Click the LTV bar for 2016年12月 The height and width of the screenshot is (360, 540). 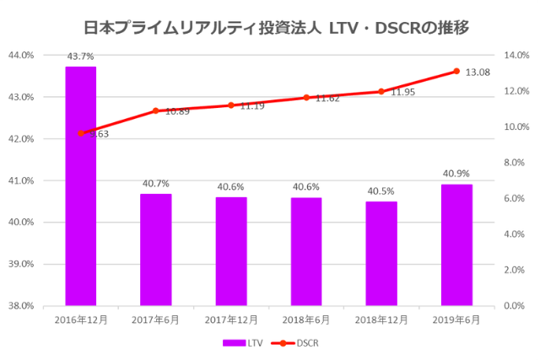click(81, 185)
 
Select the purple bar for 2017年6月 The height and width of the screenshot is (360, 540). click(156, 250)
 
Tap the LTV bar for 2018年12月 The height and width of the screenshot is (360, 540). click(381, 253)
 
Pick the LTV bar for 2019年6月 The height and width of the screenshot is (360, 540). click(456, 244)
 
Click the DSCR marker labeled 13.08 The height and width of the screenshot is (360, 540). click(456, 71)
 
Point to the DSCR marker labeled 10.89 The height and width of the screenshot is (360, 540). click(156, 110)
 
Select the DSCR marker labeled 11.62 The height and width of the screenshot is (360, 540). click(306, 98)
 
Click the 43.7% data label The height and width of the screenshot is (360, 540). click(81, 56)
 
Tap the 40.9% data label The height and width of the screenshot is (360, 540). click(456, 174)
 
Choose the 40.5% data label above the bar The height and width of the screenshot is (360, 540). click(381, 191)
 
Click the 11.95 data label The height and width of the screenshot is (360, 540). click(403, 92)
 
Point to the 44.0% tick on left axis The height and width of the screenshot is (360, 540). click(21, 56)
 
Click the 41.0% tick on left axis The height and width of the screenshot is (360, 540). click(21, 180)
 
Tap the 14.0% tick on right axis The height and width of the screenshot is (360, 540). click(515, 56)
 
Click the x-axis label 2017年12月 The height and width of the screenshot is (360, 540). click(230, 320)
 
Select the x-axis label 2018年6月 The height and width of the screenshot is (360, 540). click(306, 320)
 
